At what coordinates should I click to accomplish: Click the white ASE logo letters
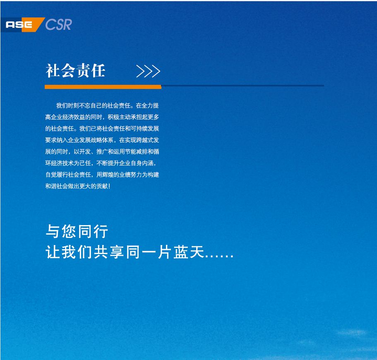pyautogui.click(x=19, y=24)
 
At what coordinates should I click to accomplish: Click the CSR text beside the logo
pyautogui.click(x=58, y=24)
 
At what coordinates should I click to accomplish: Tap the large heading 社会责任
pyautogui.click(x=75, y=71)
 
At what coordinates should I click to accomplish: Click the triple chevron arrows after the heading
pyautogui.click(x=148, y=71)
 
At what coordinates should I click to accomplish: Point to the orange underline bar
pyautogui.click(x=103, y=87)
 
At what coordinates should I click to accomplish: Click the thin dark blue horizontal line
pyautogui.click(x=243, y=85)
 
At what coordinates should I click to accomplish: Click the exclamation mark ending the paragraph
pyautogui.click(x=109, y=186)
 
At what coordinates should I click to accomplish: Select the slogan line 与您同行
pyautogui.click(x=77, y=231)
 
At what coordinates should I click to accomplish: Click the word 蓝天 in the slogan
pyautogui.click(x=189, y=252)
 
